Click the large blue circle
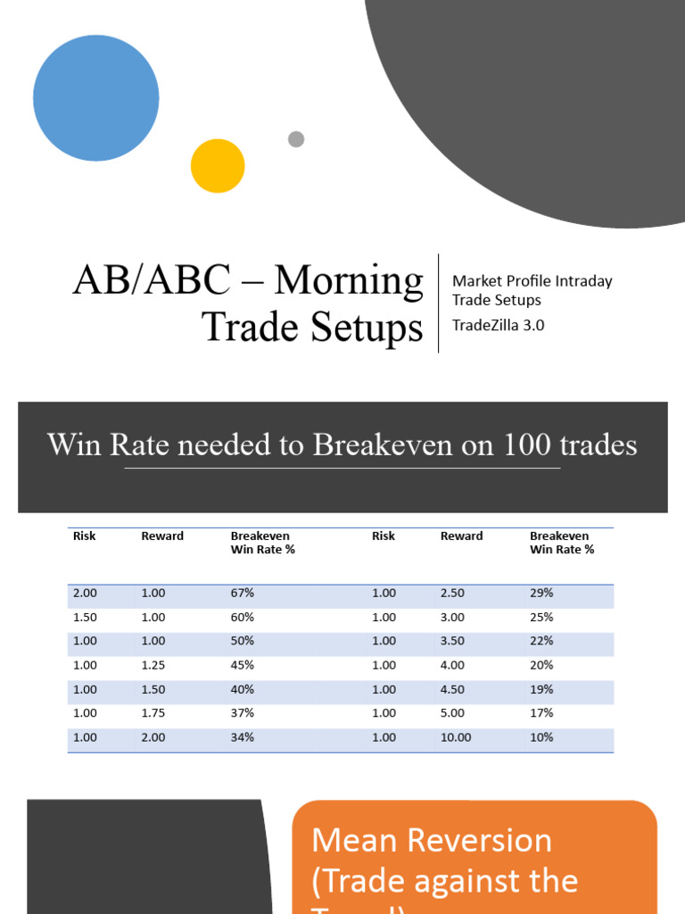96,98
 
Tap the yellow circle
218,166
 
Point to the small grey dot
296,139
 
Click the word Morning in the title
349,280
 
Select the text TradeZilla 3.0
498,325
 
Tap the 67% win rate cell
243,593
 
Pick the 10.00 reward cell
456,737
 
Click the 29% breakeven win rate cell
541,593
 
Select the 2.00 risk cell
85,593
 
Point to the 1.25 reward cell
153,665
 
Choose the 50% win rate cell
243,641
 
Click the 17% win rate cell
541,713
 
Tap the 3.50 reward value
453,641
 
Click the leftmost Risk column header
85,536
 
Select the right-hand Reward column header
461,536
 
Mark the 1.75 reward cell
153,713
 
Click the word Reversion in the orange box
475,841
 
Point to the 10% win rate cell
541,737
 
